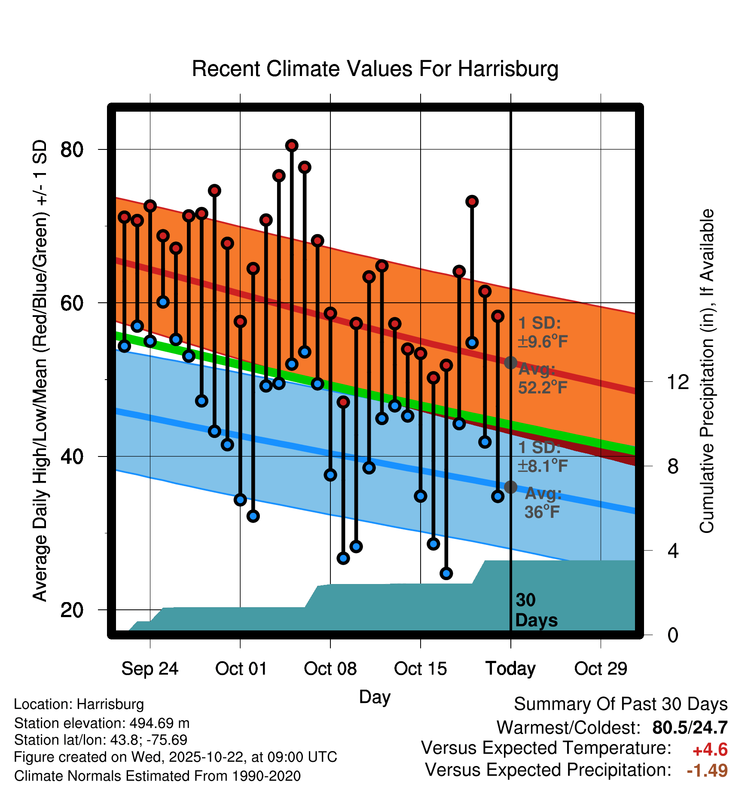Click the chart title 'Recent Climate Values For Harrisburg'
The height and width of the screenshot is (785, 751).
(x=375, y=69)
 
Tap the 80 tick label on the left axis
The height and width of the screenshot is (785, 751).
(x=71, y=150)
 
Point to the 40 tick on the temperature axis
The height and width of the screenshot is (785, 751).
(x=71, y=456)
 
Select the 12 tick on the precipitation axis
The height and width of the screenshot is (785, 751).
(x=678, y=382)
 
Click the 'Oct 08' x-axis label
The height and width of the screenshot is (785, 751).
(x=330, y=669)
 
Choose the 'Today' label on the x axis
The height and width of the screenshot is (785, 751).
(x=510, y=669)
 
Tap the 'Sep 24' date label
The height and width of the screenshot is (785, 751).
(x=150, y=669)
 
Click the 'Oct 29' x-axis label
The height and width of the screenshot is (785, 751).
(x=601, y=669)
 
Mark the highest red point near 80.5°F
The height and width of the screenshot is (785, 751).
(x=292, y=146)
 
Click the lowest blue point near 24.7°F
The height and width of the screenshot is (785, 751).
(x=446, y=573)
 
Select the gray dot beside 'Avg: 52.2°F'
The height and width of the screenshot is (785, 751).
(x=510, y=362)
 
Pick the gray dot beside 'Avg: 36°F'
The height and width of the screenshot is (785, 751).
(x=510, y=487)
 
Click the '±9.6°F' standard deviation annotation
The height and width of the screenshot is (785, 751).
(x=543, y=342)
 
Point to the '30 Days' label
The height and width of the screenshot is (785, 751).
(x=536, y=610)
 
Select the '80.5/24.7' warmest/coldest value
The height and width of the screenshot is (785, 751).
(x=690, y=727)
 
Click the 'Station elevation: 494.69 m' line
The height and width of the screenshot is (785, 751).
(x=102, y=723)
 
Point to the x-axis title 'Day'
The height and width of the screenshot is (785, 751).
(x=375, y=697)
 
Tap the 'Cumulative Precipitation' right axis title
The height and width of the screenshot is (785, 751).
(x=706, y=371)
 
